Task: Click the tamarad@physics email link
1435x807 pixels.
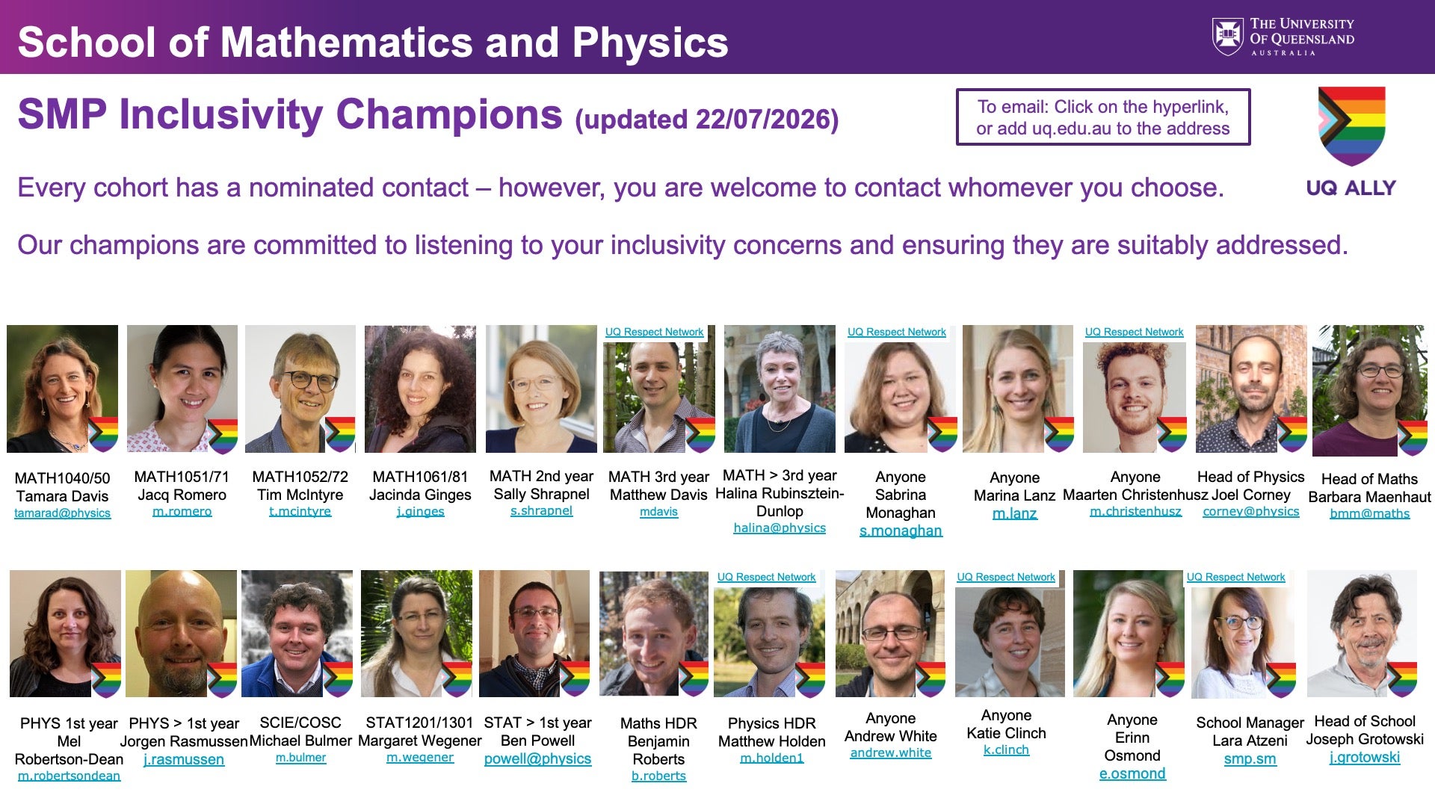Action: click(x=62, y=513)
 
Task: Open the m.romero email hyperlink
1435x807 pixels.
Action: click(x=182, y=512)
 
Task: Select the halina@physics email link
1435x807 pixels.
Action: click(x=780, y=528)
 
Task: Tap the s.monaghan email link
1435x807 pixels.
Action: click(x=901, y=531)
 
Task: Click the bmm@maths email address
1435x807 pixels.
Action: click(x=1369, y=514)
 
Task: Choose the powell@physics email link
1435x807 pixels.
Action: click(x=537, y=759)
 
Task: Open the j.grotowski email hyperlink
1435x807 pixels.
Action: click(x=1364, y=758)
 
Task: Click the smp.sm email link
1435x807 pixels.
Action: click(x=1250, y=760)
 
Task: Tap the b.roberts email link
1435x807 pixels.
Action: click(x=658, y=776)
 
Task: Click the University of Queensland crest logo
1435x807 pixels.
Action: click(x=1227, y=37)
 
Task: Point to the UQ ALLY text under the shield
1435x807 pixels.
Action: click(x=1351, y=188)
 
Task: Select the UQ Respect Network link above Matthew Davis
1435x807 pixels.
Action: click(x=654, y=333)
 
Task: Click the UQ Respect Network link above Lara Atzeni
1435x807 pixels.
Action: click(x=1235, y=578)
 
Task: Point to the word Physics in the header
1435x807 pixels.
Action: click(x=650, y=42)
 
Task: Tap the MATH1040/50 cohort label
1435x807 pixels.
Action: click(x=62, y=478)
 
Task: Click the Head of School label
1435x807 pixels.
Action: click(x=1365, y=721)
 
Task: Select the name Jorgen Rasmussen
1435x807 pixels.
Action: click(x=184, y=741)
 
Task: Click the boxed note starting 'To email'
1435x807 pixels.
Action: click(x=1103, y=117)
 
